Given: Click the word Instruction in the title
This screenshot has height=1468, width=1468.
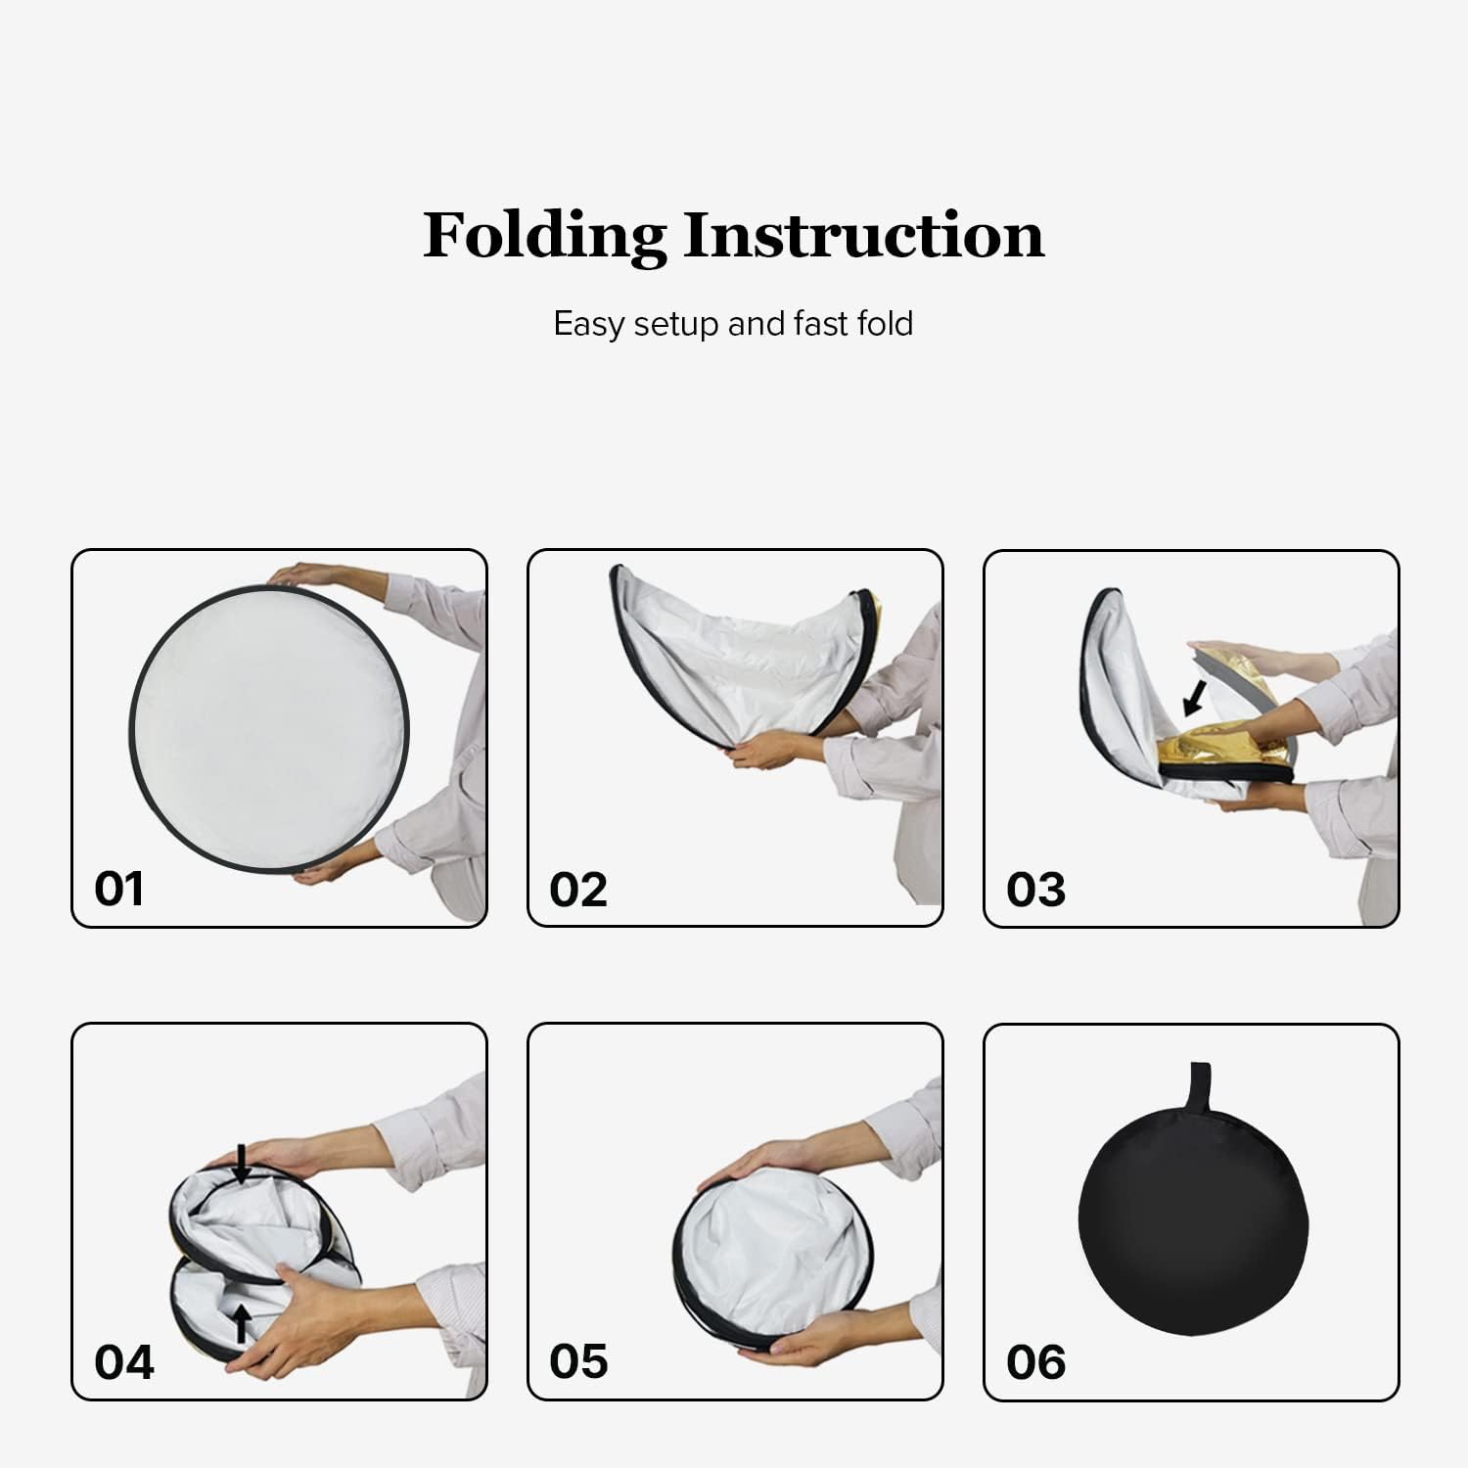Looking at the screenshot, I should pyautogui.click(x=863, y=236).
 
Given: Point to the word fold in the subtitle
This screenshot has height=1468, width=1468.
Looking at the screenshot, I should pyautogui.click(x=885, y=323).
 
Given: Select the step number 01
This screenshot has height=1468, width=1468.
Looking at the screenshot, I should pyautogui.click(x=118, y=889).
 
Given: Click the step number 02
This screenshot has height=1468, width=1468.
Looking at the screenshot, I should pyautogui.click(x=577, y=890).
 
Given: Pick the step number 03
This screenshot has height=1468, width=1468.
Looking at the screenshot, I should pyautogui.click(x=1035, y=890).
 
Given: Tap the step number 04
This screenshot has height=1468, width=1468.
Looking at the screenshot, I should pyautogui.click(x=123, y=1362).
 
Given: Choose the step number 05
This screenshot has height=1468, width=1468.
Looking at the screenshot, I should pyautogui.click(x=577, y=1361).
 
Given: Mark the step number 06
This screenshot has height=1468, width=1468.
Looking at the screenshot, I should pyautogui.click(x=1035, y=1362).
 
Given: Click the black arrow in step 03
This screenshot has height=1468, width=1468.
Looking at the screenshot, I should pyautogui.click(x=1194, y=697).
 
